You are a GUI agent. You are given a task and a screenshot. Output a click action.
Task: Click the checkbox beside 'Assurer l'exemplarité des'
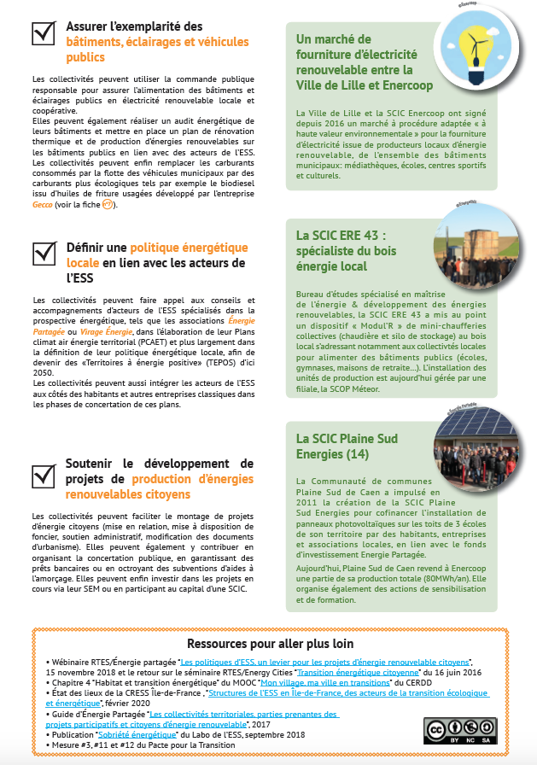[x=44, y=32]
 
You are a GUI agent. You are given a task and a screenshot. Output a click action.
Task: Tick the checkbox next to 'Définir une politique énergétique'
[x=44, y=254]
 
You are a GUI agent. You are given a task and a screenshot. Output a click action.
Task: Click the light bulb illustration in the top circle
[x=475, y=44]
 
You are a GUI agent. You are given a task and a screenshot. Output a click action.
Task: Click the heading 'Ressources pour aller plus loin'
[x=269, y=643]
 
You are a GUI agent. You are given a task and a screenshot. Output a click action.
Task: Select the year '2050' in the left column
[x=42, y=373]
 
